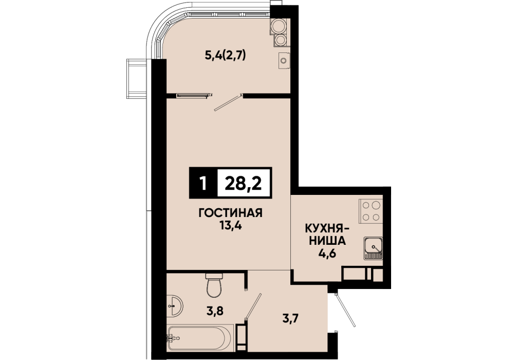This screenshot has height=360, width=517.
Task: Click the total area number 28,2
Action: click(x=243, y=183)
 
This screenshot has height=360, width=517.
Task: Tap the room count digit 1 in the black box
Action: click(x=203, y=183)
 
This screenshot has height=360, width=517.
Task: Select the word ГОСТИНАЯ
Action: click(x=230, y=213)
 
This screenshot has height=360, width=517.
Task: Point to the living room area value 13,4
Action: click(x=230, y=226)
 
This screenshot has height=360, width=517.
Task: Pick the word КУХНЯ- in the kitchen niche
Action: click(x=327, y=228)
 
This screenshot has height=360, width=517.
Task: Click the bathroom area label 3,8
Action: click(x=215, y=311)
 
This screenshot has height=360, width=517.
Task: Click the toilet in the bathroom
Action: click(x=214, y=285)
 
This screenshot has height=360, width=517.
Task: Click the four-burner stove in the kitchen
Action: click(x=371, y=211)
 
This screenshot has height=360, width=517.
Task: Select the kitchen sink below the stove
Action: click(x=373, y=248)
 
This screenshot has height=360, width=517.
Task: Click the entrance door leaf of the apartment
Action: click(x=345, y=310)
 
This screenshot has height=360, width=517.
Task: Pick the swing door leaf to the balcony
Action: click(x=228, y=103)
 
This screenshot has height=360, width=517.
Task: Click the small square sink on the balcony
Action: click(x=284, y=61)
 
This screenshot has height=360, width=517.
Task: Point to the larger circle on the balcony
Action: click(x=278, y=26)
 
